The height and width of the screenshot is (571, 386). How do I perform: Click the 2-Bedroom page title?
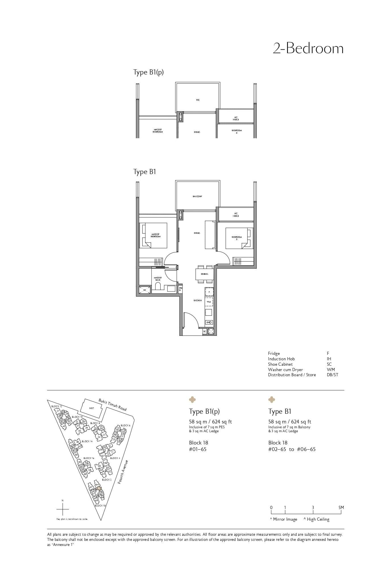(308, 49)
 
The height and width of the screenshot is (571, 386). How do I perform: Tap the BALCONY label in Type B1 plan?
(197, 196)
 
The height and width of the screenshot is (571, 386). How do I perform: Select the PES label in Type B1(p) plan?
(198, 100)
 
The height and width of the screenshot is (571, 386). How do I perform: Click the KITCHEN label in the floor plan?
(198, 300)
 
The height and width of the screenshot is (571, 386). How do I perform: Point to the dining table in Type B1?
(204, 274)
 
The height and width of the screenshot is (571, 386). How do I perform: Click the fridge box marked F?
(209, 292)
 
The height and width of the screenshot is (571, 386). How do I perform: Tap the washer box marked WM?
(209, 302)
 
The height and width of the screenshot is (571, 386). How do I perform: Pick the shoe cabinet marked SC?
(204, 332)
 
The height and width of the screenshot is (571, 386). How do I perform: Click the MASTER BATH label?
(157, 279)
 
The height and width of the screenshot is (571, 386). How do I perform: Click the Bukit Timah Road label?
(113, 404)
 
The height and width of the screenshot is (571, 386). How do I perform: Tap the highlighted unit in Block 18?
(99, 488)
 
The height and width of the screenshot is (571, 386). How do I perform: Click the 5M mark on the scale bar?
(341, 508)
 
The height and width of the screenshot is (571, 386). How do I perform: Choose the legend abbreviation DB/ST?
(332, 375)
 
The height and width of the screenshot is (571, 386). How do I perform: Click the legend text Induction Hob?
(281, 359)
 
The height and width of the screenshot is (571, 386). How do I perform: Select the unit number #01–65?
(198, 449)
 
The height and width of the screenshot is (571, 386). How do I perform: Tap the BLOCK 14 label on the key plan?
(87, 441)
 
